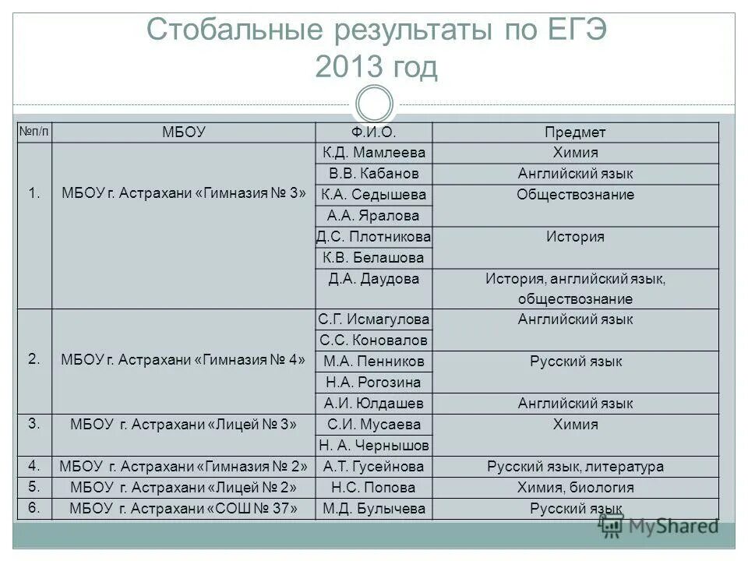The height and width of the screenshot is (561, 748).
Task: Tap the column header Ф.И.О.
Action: pos(374,132)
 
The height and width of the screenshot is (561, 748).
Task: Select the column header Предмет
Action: pos(575,132)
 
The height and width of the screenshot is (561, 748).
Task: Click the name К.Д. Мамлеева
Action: pos(374,153)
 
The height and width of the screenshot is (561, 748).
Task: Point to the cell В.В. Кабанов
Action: pos(374,174)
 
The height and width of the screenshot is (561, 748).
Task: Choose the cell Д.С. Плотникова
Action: pos(374,237)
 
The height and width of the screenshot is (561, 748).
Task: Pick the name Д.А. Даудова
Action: pos(374,278)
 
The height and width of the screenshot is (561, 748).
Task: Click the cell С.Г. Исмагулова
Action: pos(374,319)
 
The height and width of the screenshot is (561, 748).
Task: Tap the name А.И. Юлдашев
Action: pos(374,403)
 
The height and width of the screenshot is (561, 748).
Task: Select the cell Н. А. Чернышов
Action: pos(374,445)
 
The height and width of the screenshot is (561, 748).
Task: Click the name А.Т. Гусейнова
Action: pos(374,467)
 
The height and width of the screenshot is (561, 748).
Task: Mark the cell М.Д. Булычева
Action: pos(374,509)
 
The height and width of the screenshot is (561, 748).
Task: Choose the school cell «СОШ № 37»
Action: pos(183,509)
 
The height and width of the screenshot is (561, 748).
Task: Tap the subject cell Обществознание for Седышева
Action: pos(575,195)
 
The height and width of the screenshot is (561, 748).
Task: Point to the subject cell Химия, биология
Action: pos(575,488)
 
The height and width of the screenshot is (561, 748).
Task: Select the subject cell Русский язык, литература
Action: pos(575,467)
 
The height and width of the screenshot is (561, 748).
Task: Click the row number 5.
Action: pos(34,487)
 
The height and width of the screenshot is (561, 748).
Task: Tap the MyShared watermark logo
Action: pos(659,527)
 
